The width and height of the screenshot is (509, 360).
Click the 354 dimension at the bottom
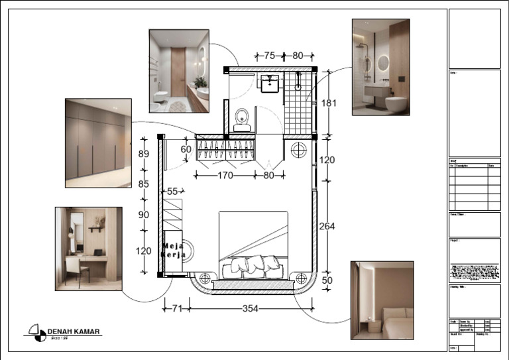point(250,308)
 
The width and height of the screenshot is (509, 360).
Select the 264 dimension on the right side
point(327,226)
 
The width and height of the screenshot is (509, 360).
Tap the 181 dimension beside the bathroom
point(328,103)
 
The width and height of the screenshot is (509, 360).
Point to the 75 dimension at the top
point(269,56)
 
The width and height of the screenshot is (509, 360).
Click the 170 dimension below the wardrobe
point(225,176)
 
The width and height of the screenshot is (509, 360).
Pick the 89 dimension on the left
point(143,153)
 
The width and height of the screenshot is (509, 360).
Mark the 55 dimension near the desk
point(174,191)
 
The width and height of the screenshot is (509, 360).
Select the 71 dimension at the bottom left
point(176,308)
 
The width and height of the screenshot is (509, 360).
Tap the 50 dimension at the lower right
point(327,281)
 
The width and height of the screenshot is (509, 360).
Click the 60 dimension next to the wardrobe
point(186,150)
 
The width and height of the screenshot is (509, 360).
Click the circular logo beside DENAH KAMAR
point(37,332)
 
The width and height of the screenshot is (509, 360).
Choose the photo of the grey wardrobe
point(98,143)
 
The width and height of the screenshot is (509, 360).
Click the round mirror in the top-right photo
point(384,62)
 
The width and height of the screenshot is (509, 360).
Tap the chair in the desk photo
point(74,270)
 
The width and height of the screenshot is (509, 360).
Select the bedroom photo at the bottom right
point(382,300)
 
